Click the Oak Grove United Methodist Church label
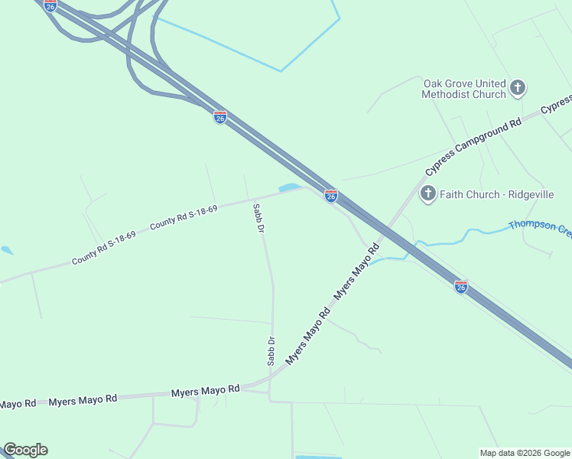464,89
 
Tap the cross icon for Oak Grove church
518,88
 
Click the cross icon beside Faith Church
428,194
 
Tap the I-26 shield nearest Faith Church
331,197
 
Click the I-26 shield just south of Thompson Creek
460,287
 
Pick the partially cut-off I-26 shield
50,5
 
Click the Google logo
25,450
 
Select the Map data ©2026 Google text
524,453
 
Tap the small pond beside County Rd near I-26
290,187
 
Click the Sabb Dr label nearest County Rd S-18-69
259,218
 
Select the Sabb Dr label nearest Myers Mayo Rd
271,351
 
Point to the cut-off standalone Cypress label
557,103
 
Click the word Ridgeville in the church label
527,194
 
